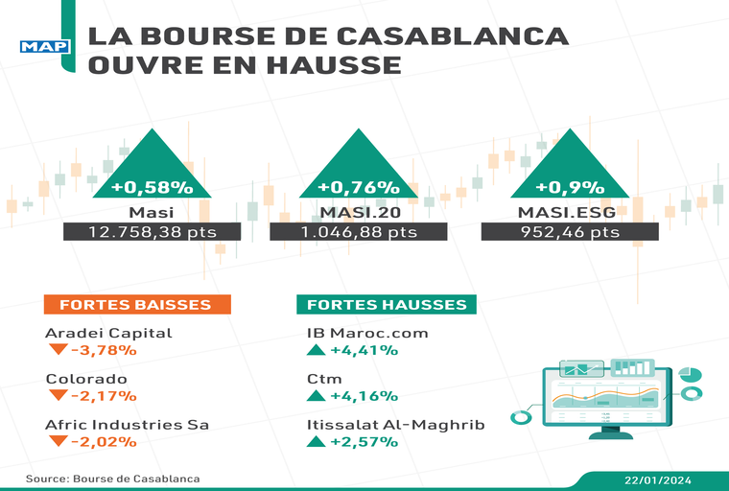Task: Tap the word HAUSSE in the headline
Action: [334, 66]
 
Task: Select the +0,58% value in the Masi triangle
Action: [153, 187]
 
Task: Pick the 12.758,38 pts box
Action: [153, 232]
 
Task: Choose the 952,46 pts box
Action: [569, 232]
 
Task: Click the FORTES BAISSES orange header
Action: [135, 305]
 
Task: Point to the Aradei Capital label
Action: [108, 333]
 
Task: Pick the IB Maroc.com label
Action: [365, 333]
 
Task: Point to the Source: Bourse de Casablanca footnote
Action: [113, 478]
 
